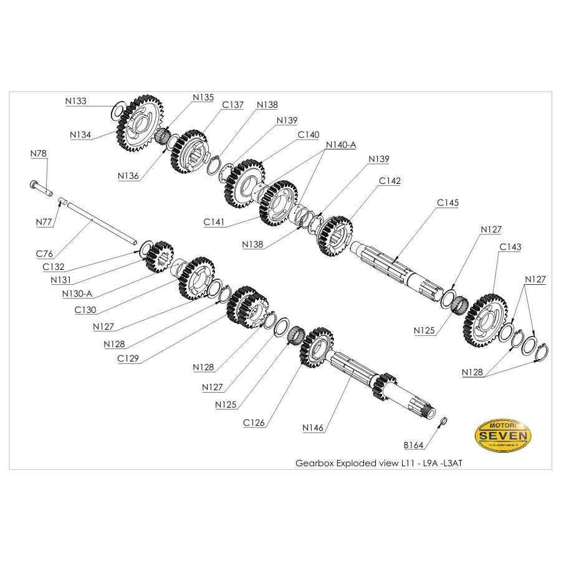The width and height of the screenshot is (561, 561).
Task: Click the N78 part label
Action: point(39,153)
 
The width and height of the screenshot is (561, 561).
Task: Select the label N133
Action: point(75,100)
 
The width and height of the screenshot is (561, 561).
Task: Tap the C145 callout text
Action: point(448,203)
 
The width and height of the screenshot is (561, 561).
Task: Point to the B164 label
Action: point(414,445)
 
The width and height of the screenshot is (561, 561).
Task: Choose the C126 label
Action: point(254,423)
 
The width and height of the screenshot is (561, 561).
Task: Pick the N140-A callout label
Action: point(340,145)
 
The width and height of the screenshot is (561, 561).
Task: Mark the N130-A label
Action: point(78,294)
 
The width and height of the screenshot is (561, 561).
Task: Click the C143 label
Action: point(510,247)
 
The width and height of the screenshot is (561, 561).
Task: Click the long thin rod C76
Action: point(100,221)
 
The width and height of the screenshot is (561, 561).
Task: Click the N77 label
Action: point(43,221)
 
